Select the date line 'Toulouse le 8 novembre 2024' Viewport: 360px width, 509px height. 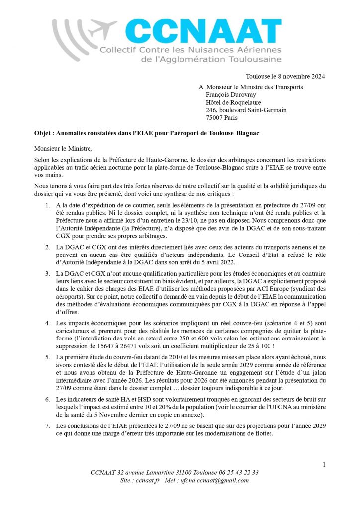[x=285, y=76]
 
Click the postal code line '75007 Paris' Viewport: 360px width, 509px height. [x=222, y=118]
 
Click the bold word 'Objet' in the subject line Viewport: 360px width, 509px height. [x=43, y=133]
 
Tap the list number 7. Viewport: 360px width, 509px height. [x=47, y=426]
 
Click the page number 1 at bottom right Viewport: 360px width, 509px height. [x=324, y=465]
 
